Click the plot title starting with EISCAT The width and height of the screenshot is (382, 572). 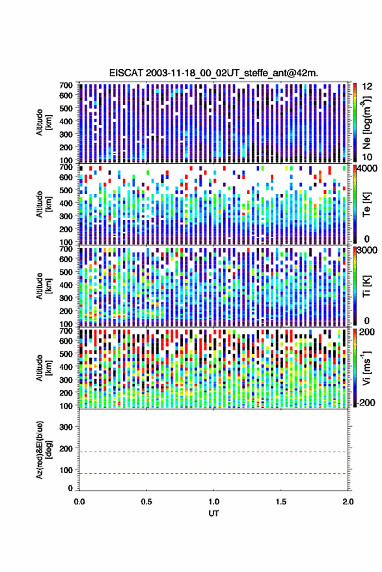click(213, 73)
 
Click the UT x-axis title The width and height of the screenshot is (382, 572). click(213, 513)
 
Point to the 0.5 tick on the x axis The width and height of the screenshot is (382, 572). click(146, 502)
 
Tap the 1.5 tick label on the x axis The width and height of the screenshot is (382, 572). click(281, 502)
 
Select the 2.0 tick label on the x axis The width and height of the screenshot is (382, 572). click(348, 502)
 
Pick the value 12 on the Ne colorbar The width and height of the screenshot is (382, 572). click(367, 87)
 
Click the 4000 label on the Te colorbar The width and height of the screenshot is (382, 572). click(367, 169)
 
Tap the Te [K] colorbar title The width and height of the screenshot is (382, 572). click(366, 204)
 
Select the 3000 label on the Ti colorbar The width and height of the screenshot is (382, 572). click(367, 251)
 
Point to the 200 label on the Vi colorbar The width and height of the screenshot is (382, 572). click(367, 332)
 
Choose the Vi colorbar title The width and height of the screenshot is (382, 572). click(366, 368)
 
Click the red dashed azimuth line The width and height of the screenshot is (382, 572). click(213, 452)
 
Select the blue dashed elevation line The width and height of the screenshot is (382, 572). click(213, 474)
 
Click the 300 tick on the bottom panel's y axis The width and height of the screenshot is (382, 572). click(66, 427)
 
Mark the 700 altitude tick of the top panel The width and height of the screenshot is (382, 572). click(66, 85)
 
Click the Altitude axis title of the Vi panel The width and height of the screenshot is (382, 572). click(43, 368)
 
